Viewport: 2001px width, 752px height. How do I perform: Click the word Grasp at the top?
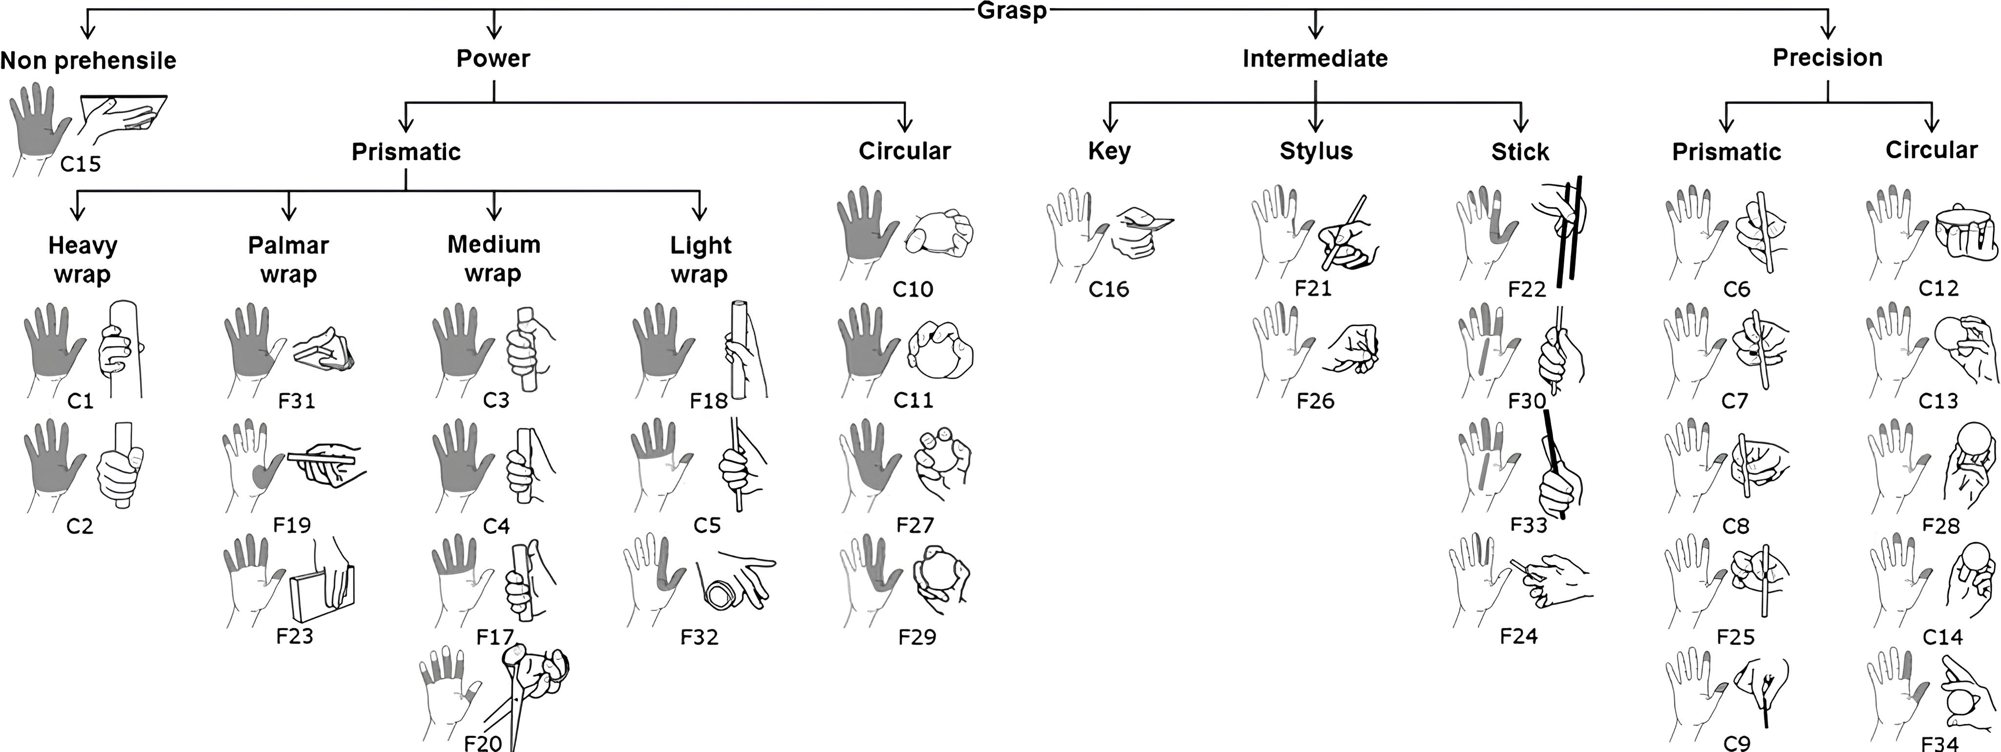[1011, 11]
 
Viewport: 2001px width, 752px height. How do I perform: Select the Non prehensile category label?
[88, 61]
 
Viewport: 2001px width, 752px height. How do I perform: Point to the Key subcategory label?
[1109, 151]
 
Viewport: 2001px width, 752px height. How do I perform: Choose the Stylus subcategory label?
[1316, 151]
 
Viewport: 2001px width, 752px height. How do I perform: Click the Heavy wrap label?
[82, 259]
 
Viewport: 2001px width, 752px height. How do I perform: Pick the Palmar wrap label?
[288, 259]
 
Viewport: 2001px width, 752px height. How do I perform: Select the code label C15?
[81, 164]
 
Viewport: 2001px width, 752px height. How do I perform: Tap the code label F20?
[482, 742]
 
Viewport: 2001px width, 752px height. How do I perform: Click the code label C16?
[1108, 289]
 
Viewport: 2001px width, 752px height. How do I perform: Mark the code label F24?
[1519, 636]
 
